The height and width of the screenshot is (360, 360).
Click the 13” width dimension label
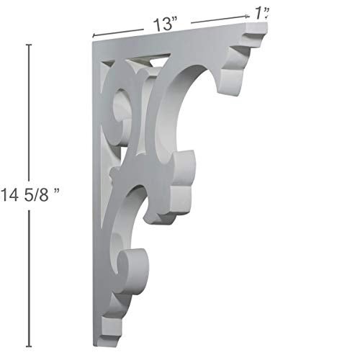(165, 24)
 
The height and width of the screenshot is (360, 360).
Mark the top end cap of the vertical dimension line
(29, 45)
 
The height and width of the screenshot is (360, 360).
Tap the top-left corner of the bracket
(95, 41)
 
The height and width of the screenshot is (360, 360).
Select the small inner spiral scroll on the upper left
(119, 101)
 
